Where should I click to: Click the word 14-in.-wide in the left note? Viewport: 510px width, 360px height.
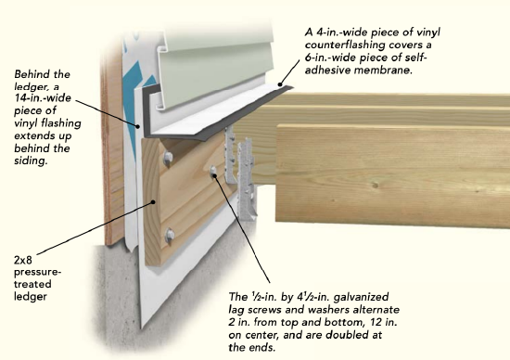[x=43, y=97]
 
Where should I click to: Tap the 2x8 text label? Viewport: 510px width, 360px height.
[x=23, y=260]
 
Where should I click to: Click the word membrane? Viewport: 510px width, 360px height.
[x=383, y=70]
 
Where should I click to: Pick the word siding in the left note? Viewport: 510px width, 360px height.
[x=31, y=161]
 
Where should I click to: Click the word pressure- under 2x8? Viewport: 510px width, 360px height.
[x=37, y=273]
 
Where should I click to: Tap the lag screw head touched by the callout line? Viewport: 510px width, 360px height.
[x=213, y=170]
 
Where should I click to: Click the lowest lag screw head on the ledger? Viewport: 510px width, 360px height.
[x=170, y=235]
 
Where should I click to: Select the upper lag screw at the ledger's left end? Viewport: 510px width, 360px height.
[x=168, y=158]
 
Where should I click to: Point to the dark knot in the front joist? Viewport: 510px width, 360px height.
[x=375, y=186]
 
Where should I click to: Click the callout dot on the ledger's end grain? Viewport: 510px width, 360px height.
[x=153, y=202]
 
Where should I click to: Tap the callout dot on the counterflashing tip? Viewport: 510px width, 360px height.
[x=280, y=84]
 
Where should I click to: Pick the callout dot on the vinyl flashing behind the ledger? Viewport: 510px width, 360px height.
[x=138, y=126]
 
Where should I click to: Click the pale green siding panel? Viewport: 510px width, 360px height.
[x=216, y=62]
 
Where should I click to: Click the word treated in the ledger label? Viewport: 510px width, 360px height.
[x=32, y=284]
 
